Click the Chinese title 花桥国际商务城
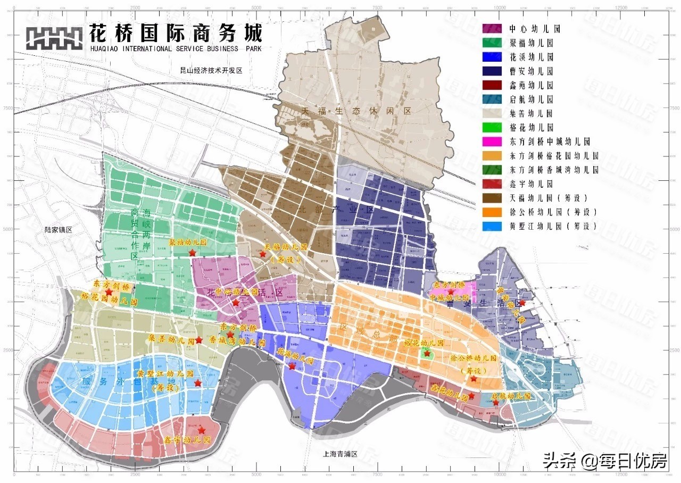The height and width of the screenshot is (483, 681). tap(176, 34)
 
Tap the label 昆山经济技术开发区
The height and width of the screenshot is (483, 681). tap(211, 70)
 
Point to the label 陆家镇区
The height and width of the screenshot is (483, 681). tap(58, 230)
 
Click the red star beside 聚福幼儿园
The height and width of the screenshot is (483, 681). tap(192, 253)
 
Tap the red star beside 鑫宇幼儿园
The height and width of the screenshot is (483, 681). tap(202, 429)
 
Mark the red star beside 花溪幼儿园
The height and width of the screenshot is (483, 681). tap(292, 366)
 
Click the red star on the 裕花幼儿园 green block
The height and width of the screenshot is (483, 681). tap(427, 353)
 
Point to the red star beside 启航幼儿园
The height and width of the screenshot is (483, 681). tap(496, 403)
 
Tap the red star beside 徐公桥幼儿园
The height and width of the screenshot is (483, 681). tap(474, 379)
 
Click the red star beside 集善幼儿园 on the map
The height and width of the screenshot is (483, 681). tap(198, 340)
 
